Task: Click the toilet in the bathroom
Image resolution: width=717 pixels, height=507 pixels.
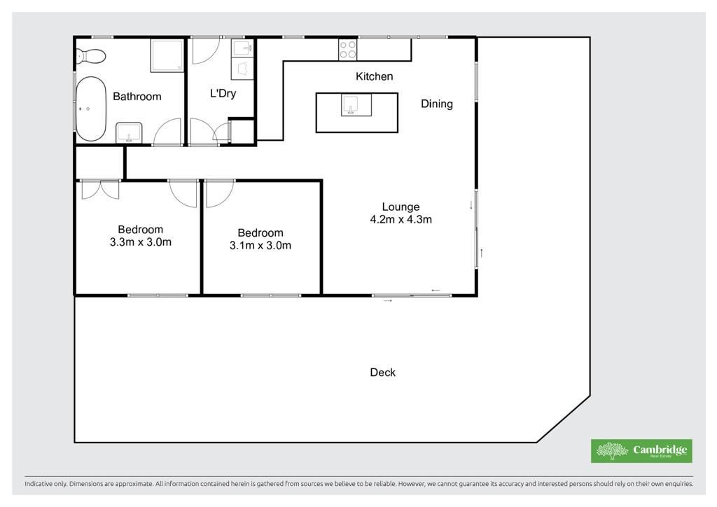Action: pyautogui.click(x=92, y=56)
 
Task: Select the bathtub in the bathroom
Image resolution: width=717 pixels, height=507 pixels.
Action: pyautogui.click(x=91, y=109)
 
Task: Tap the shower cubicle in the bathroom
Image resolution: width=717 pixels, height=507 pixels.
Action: pyautogui.click(x=167, y=55)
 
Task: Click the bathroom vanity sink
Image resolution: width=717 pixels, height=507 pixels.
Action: pyautogui.click(x=129, y=132)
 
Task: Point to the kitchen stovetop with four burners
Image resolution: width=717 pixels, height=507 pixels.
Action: pyautogui.click(x=347, y=50)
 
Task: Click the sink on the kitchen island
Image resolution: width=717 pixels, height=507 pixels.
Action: pyautogui.click(x=351, y=105)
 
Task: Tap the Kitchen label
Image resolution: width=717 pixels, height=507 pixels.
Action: pyautogui.click(x=374, y=76)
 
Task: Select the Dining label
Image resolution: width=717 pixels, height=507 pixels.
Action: pyautogui.click(x=437, y=104)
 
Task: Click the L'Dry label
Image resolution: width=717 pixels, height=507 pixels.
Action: pyautogui.click(x=223, y=93)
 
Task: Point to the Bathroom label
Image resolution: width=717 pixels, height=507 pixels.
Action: pyautogui.click(x=137, y=97)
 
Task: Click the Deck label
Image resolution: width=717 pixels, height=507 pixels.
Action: pyautogui.click(x=383, y=373)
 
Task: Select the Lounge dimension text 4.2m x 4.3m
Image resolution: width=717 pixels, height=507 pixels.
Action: pyautogui.click(x=401, y=219)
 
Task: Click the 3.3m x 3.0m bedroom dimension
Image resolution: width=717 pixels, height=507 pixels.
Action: pyautogui.click(x=140, y=242)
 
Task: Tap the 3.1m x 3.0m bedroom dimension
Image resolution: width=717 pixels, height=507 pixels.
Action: pyautogui.click(x=260, y=246)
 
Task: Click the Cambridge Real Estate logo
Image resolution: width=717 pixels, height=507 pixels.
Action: pyautogui.click(x=641, y=451)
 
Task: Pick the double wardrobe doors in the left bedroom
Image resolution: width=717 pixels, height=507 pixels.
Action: pyautogui.click(x=100, y=190)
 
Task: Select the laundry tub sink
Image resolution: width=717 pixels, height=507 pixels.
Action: pyautogui.click(x=242, y=48)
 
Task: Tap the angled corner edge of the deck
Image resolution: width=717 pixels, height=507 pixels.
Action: pyautogui.click(x=564, y=419)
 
